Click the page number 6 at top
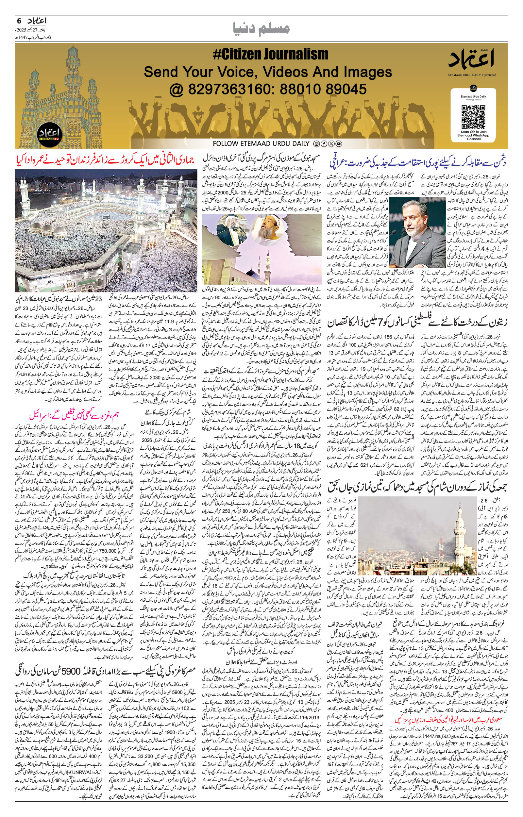tap(19, 21)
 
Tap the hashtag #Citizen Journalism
tap(270, 54)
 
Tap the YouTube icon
tap(339, 144)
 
